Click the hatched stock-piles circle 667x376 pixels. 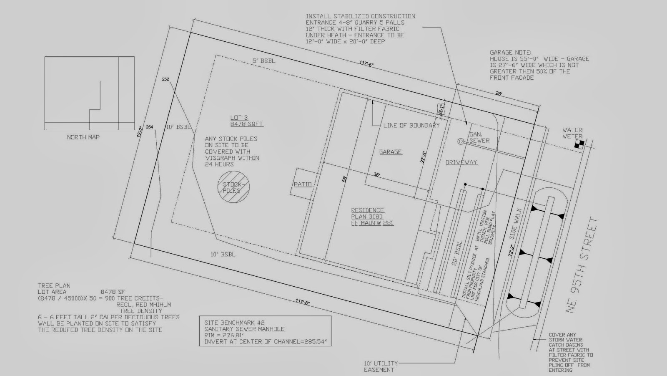coord(233,187)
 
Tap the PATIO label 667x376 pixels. coord(303,184)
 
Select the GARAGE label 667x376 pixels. coord(390,152)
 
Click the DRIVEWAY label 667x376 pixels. coord(461,162)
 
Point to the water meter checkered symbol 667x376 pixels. coord(579,144)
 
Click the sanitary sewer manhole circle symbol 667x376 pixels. coord(461,141)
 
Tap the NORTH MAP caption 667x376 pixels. coord(83,137)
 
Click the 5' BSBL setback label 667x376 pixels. coord(264,61)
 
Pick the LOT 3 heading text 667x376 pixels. coord(239,118)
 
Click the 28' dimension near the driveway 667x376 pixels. coord(499,93)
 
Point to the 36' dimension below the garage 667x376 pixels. coord(376,175)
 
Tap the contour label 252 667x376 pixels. coord(165,79)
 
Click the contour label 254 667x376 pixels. coord(149,127)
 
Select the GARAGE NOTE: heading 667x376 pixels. coord(510,52)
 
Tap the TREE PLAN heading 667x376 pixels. coord(54,286)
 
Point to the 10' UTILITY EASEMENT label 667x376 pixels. coord(381,366)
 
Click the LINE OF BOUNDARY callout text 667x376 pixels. coord(411,125)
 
